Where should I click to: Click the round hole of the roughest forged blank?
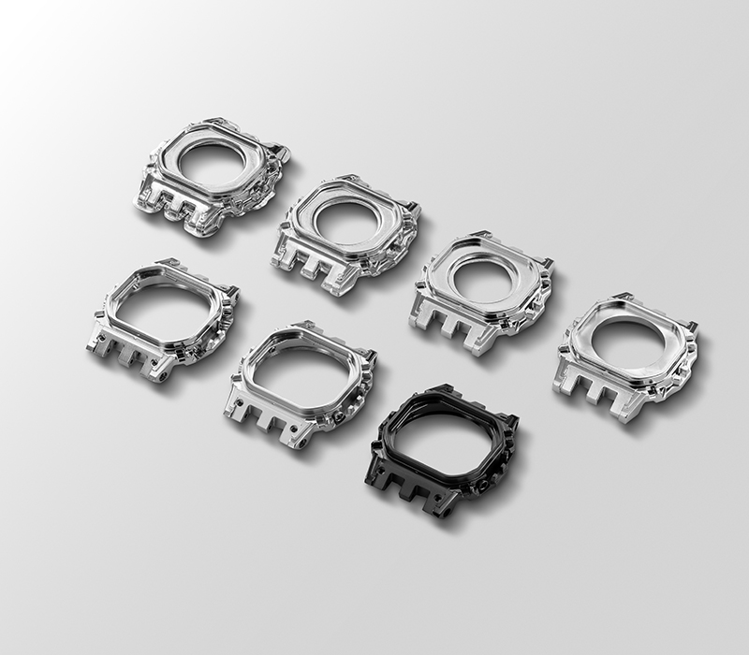tap(216, 163)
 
